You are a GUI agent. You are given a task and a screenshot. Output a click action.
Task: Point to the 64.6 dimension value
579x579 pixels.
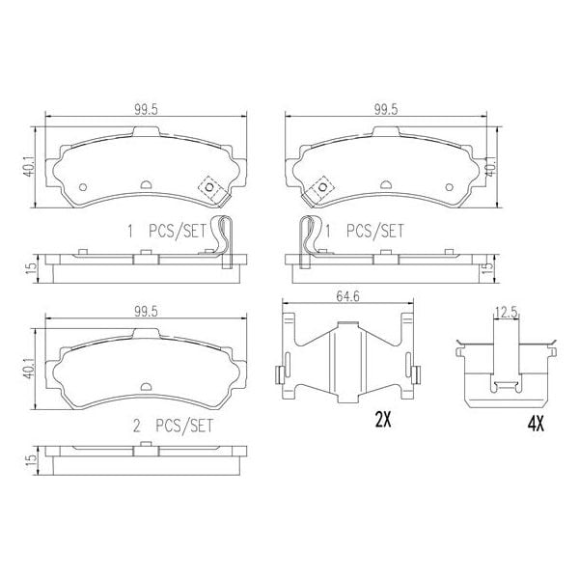pos(350,297)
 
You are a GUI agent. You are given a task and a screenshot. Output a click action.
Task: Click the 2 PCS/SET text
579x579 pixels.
pos(173,424)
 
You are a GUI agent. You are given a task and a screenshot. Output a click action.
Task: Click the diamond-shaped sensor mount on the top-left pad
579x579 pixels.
pos(209,188)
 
